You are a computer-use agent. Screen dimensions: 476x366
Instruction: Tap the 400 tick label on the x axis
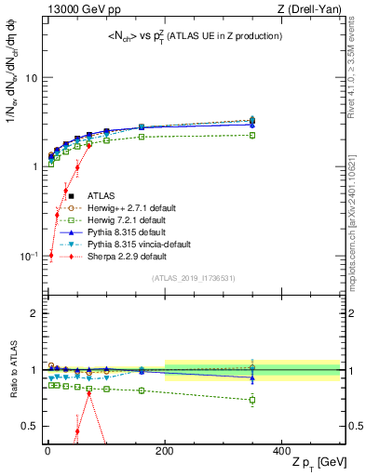(282, 450)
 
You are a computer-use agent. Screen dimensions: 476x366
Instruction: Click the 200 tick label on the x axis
(165, 450)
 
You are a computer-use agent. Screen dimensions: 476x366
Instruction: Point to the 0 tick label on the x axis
(48, 450)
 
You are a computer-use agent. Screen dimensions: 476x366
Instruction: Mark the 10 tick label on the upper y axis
(30, 78)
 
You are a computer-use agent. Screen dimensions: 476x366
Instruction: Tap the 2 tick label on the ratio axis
(34, 313)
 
